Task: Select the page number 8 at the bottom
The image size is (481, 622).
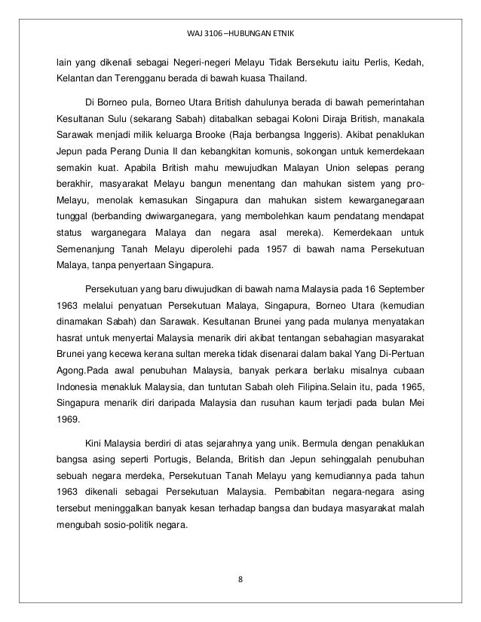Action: [240, 579]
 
